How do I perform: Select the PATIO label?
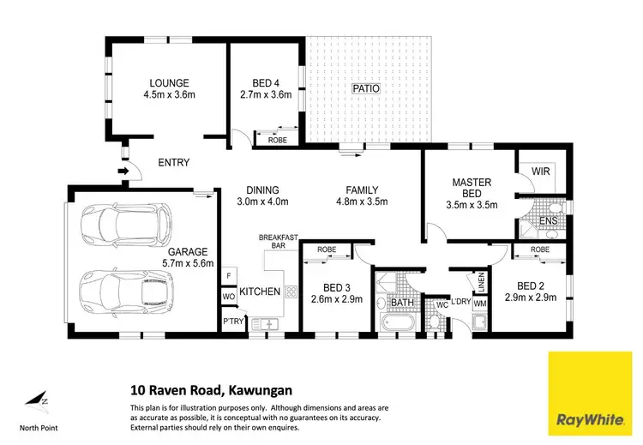coord(365,88)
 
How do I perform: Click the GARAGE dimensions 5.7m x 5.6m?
coord(189,264)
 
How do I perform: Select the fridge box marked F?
coord(228,275)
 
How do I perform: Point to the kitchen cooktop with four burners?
coord(291,292)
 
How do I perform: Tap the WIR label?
coord(540,172)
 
